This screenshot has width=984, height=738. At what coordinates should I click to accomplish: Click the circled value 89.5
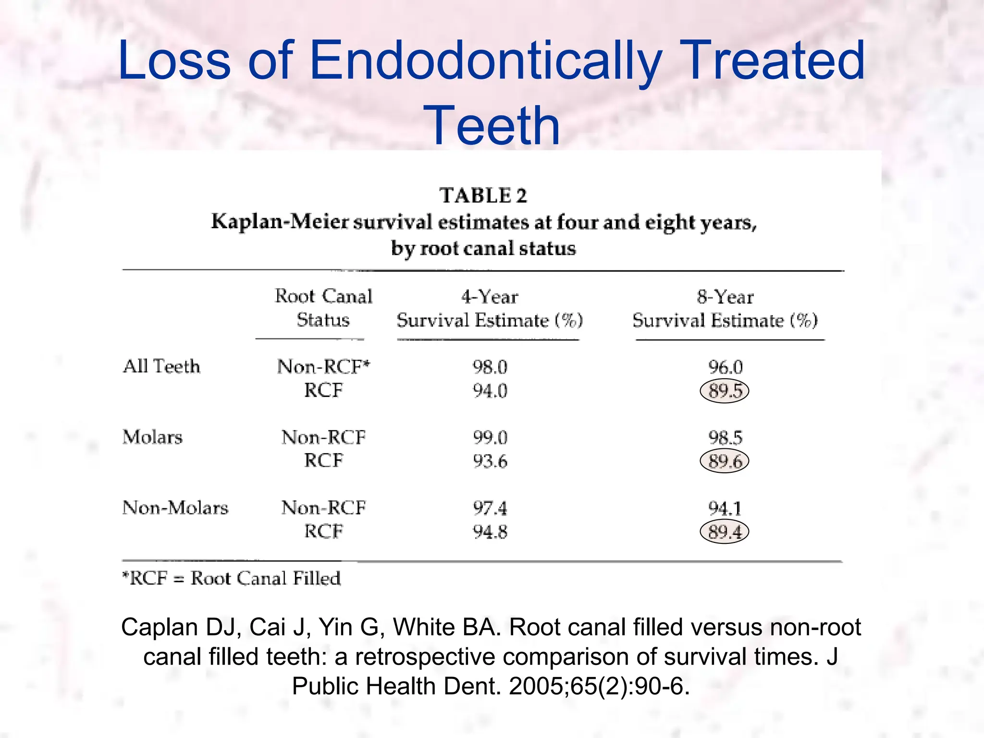pyautogui.click(x=725, y=391)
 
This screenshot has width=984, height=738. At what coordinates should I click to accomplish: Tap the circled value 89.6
pyautogui.click(x=725, y=461)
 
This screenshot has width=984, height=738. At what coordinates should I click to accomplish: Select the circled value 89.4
pyautogui.click(x=725, y=532)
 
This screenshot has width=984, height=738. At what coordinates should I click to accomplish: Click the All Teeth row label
pyautogui.click(x=161, y=367)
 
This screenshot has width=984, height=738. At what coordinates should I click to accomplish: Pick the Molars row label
pyautogui.click(x=153, y=437)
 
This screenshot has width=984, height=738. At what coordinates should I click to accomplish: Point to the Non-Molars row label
pyautogui.click(x=175, y=508)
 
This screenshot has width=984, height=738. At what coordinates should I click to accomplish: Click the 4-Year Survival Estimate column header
pyautogui.click(x=489, y=308)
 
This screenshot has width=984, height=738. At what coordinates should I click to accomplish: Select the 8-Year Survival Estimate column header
pyautogui.click(x=725, y=308)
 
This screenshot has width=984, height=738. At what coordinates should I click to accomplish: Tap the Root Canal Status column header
pyautogui.click(x=323, y=308)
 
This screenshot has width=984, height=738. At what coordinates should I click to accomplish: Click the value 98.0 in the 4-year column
pyautogui.click(x=490, y=367)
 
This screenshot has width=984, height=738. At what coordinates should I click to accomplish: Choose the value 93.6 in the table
pyautogui.click(x=490, y=461)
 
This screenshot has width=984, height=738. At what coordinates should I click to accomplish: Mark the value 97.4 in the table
pyautogui.click(x=490, y=508)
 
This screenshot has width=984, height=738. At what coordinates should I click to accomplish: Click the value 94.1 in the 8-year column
pyautogui.click(x=725, y=508)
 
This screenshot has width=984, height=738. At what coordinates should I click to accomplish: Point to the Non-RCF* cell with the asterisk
pyautogui.click(x=323, y=367)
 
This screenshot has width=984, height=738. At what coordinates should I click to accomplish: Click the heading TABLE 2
pyautogui.click(x=483, y=196)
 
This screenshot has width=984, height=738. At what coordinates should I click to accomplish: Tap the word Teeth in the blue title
pyautogui.click(x=492, y=125)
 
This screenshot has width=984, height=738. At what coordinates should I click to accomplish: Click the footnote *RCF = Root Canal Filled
pyautogui.click(x=232, y=578)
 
